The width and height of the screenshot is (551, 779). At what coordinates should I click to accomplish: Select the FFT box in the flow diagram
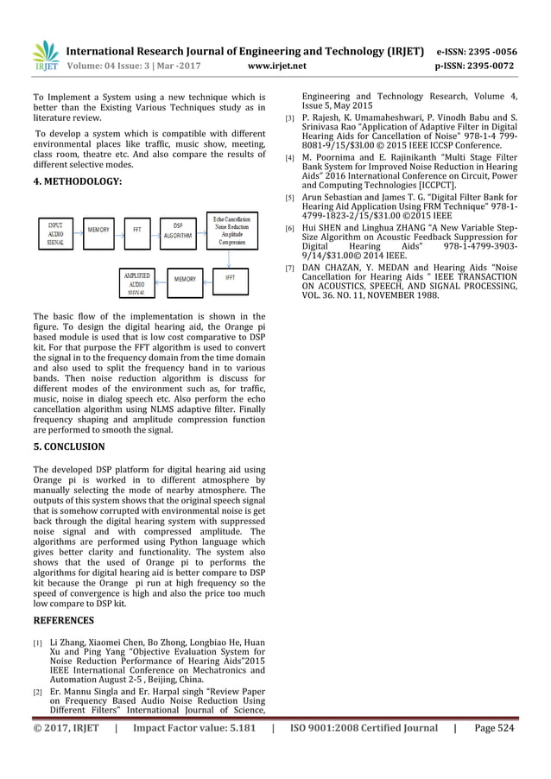point(137,231)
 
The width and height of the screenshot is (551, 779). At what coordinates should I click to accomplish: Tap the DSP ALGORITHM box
point(177,231)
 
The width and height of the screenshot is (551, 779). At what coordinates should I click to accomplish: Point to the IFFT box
point(231,279)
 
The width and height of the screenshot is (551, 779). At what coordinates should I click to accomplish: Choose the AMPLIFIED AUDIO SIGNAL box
point(137,283)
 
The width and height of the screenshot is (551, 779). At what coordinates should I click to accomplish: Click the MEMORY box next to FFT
point(98,231)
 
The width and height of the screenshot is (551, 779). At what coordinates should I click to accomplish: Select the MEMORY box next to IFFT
point(185,280)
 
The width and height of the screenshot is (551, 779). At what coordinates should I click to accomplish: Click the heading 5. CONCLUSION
point(69,446)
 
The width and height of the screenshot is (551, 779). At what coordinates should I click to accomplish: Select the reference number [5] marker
point(290,199)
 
